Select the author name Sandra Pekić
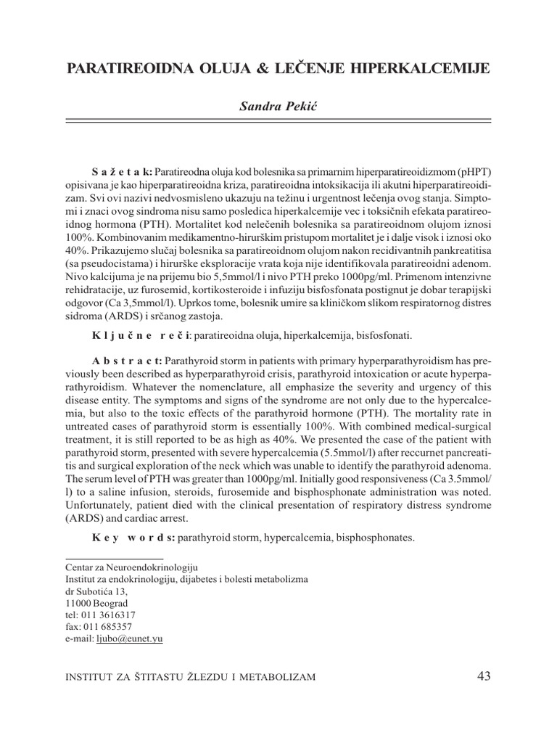[x=278, y=107]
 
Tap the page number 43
[x=484, y=676]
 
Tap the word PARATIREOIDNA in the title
[x=125, y=69]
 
